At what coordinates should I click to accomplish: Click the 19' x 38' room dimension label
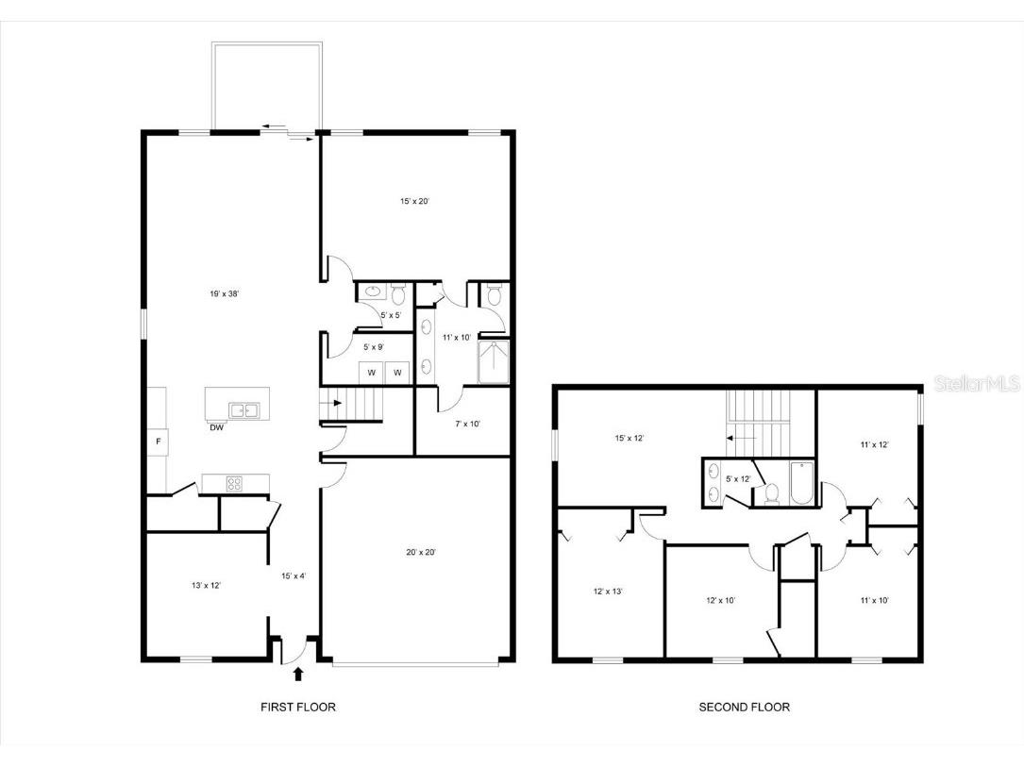224,294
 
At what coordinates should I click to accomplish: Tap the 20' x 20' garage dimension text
416,553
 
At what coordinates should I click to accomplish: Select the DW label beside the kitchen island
216,427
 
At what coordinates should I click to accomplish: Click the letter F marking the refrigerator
158,441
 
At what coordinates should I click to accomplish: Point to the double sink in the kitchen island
243,409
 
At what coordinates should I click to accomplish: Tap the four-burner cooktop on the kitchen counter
236,483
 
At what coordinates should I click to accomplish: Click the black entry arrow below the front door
299,674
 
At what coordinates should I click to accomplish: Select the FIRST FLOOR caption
297,707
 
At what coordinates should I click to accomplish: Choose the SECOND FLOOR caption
744,707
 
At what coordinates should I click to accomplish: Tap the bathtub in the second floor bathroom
800,483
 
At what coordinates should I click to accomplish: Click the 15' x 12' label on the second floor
630,438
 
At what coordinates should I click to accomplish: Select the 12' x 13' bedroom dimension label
607,592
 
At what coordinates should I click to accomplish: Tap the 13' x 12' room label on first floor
206,586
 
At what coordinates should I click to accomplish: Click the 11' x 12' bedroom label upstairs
874,443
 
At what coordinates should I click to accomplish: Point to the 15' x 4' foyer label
294,575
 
